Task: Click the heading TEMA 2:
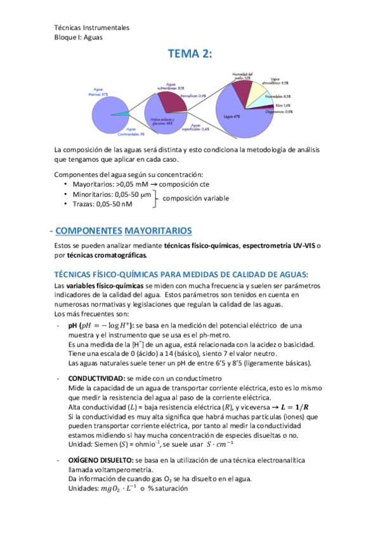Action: click(x=190, y=55)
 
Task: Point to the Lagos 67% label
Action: click(x=232, y=117)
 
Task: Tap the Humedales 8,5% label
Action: click(x=279, y=96)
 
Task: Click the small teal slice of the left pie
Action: click(x=120, y=114)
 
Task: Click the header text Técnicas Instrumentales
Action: click(x=92, y=27)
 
